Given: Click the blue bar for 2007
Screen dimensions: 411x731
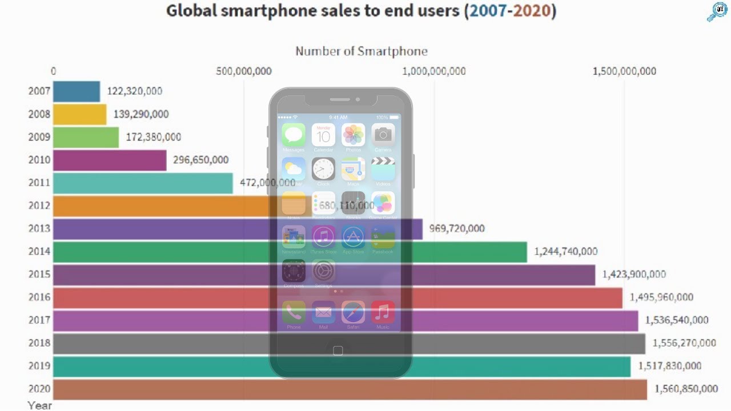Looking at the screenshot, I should [x=77, y=91].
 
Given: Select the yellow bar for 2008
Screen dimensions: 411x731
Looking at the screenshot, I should [x=80, y=114].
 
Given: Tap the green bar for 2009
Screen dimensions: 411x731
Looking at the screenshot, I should [x=86, y=137].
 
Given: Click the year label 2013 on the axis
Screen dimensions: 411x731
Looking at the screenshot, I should [x=39, y=228].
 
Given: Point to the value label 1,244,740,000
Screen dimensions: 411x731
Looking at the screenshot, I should [x=566, y=251].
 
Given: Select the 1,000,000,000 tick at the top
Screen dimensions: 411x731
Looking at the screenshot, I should [x=434, y=71].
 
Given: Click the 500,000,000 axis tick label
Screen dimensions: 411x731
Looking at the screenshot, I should [x=244, y=71].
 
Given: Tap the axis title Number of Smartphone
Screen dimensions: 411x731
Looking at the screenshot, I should [x=361, y=51].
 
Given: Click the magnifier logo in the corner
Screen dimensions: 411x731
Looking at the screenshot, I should [x=716, y=12].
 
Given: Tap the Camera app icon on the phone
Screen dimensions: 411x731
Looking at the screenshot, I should [x=383, y=135].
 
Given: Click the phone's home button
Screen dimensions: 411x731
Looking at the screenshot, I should [x=338, y=350].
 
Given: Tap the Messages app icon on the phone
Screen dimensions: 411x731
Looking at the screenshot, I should [x=294, y=135].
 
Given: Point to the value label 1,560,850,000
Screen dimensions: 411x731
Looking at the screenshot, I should [x=686, y=389].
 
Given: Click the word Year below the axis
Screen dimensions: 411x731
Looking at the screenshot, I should [x=39, y=405].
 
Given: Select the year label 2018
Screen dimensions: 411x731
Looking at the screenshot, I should [x=39, y=343].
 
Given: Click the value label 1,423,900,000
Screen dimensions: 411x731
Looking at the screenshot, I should [x=634, y=274].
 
